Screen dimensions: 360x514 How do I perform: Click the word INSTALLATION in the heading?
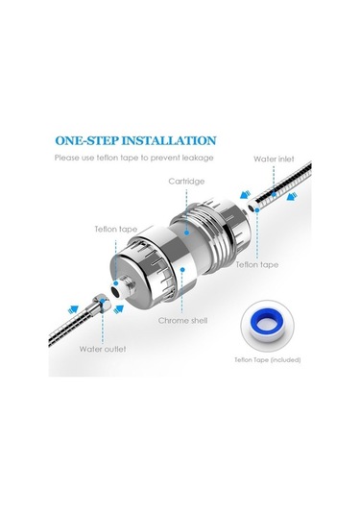(169, 140)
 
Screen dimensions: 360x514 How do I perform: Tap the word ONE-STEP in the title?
(86, 140)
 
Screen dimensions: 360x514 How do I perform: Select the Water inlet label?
(274, 159)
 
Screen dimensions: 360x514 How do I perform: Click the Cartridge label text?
(186, 182)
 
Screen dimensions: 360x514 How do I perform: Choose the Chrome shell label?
(182, 320)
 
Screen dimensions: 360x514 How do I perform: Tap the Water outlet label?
(103, 349)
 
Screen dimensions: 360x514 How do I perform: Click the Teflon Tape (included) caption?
(268, 360)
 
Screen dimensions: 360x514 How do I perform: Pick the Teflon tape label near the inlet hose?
(257, 264)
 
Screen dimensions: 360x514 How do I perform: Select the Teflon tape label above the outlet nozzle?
(116, 229)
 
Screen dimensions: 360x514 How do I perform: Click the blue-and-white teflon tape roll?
(268, 325)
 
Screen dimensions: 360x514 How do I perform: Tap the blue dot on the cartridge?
(186, 233)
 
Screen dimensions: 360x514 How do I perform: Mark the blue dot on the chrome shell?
(182, 269)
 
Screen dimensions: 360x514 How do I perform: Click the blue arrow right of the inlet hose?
(292, 197)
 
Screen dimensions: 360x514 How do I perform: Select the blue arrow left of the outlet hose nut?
(73, 309)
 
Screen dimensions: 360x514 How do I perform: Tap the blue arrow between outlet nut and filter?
(119, 308)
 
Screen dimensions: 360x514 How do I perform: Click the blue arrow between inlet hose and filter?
(246, 194)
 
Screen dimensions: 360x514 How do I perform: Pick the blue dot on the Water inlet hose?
(275, 195)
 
